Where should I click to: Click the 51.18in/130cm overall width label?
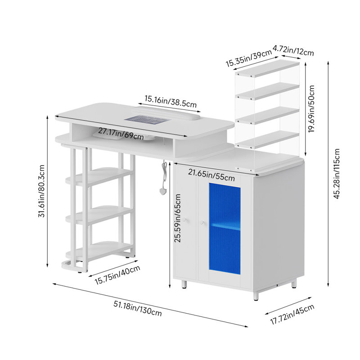138,308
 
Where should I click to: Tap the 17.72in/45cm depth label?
292,314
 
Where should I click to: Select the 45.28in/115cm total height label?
336,174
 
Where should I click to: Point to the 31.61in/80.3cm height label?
41,191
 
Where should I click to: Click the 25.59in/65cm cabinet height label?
177,218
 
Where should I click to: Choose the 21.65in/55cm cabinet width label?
211,175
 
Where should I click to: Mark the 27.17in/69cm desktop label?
121,134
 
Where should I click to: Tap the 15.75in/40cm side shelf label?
117,275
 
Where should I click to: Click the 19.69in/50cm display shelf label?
311,108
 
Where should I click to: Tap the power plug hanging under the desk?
163,191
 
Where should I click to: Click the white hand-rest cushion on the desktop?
166,112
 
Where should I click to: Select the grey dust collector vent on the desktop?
148,119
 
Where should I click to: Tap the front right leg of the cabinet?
256,296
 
